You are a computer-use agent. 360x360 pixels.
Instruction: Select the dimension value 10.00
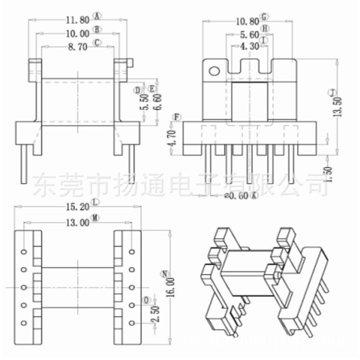click(77, 33)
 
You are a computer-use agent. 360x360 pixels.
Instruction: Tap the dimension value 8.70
click(77, 47)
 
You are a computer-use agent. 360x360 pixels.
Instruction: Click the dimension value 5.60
click(249, 35)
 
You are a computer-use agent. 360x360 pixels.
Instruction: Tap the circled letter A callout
click(98, 16)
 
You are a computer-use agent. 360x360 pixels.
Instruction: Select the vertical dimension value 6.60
click(158, 101)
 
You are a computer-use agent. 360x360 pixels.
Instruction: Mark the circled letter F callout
click(177, 117)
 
